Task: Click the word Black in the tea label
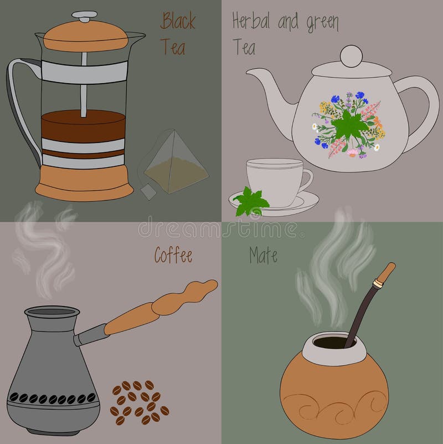point(178,22)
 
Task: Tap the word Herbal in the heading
point(250,22)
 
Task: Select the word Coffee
point(173,256)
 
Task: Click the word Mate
point(263,256)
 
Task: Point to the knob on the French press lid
point(84,16)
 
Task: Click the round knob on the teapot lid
point(351,57)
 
